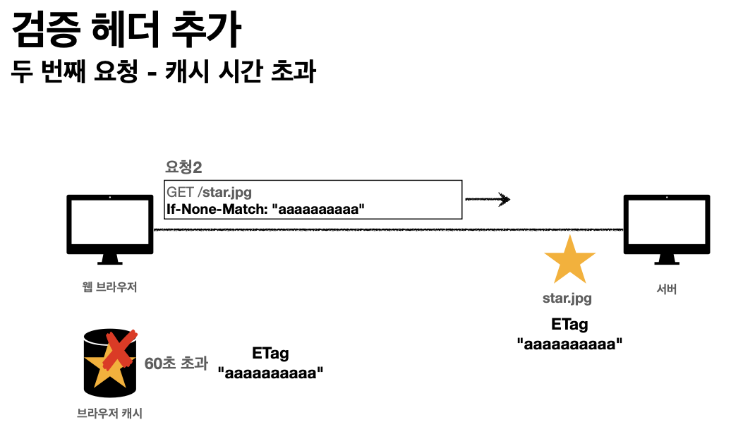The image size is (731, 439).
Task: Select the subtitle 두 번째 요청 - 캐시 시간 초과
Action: coord(163,73)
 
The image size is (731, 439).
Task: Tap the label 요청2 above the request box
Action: coord(185,168)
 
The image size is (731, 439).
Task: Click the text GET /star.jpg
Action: coord(209,191)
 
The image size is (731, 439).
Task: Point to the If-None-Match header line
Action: coord(267,209)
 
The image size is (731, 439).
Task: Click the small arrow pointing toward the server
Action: coord(488,200)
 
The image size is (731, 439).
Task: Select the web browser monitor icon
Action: coord(109,228)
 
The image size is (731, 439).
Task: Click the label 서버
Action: coord(666,289)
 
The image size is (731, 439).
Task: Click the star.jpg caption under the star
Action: coord(567,298)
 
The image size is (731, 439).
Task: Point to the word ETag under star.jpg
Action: coord(569,325)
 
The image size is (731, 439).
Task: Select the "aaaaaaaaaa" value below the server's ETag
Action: coord(569,344)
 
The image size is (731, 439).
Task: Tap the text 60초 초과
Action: coord(176,364)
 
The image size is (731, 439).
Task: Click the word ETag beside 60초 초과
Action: coord(270,354)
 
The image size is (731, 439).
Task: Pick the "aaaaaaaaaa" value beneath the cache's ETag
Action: coord(270,373)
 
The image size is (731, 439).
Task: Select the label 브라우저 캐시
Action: coord(109,414)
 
